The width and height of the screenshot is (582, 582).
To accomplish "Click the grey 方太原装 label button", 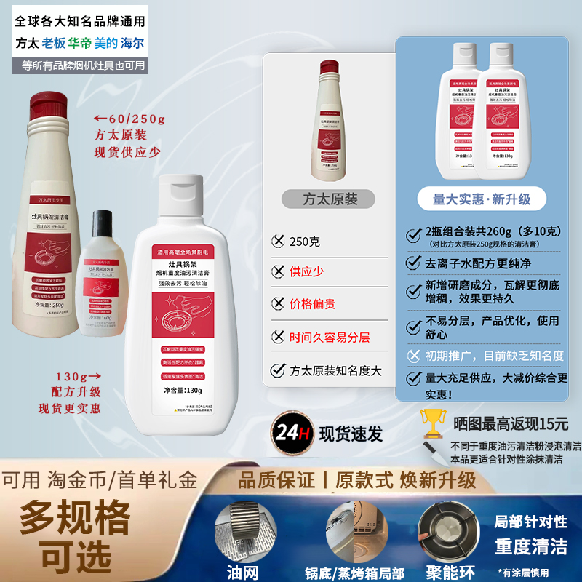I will coord(328,199).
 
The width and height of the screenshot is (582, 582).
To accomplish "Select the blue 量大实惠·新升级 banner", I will coord(482,199).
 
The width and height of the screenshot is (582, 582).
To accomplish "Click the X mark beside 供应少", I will coord(276,271).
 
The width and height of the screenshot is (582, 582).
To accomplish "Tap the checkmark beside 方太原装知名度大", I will coord(276,370).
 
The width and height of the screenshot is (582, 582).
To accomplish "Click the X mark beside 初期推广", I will coord(414,356).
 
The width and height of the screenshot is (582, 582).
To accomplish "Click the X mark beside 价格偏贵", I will coord(276,304).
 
